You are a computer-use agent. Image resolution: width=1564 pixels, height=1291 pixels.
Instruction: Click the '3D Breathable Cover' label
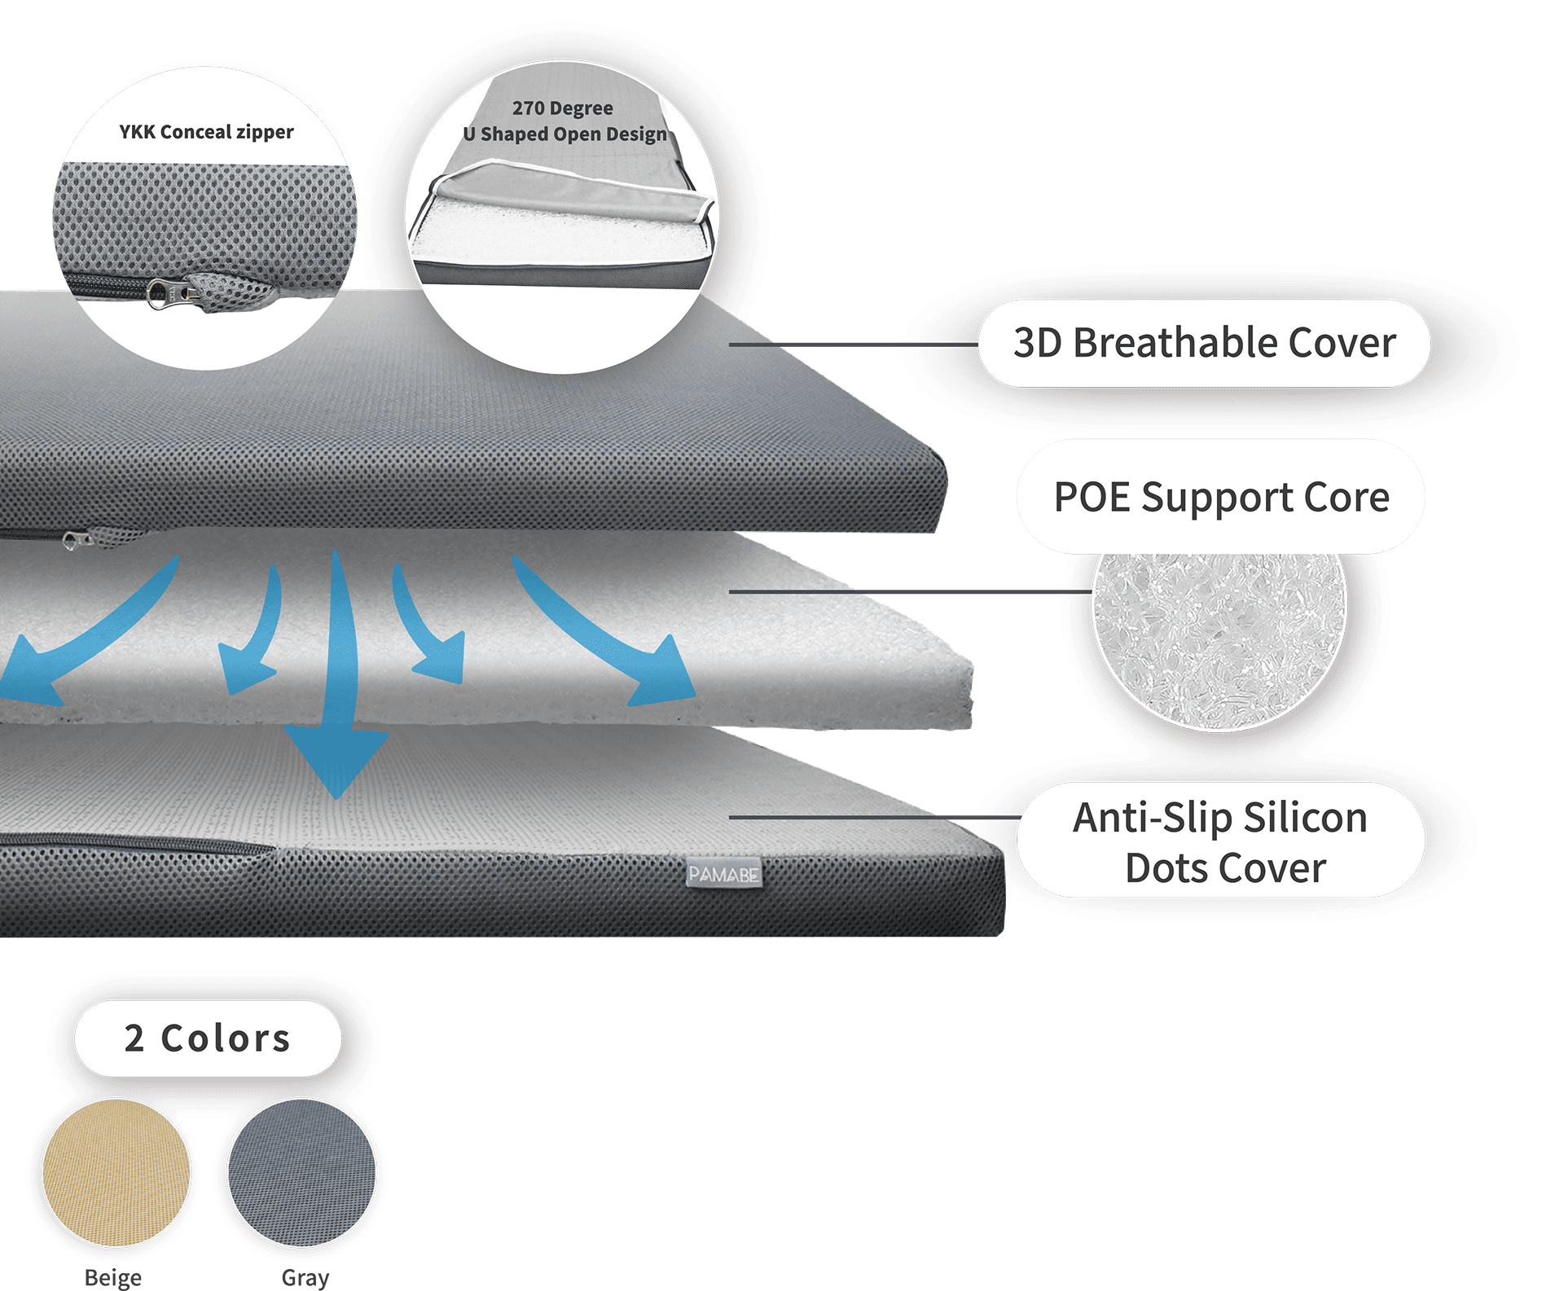coord(1204,343)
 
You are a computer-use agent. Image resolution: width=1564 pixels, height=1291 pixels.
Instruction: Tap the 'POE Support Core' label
coord(1221,497)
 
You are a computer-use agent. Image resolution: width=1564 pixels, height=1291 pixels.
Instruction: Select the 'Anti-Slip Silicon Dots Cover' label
coord(1221,841)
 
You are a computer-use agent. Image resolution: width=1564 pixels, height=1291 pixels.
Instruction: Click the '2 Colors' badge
coord(208,1039)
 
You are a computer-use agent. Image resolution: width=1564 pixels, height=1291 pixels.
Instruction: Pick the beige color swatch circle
coord(116,1173)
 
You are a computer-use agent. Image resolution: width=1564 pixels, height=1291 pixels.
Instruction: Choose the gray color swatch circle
coord(302,1173)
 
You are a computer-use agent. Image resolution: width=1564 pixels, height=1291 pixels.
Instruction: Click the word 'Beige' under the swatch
coord(113,1277)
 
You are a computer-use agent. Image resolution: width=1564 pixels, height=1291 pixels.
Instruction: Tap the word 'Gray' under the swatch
coord(305,1277)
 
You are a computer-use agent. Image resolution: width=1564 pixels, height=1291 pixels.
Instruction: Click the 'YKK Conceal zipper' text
coord(206,132)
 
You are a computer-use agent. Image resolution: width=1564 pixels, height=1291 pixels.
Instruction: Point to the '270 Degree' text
coord(563,108)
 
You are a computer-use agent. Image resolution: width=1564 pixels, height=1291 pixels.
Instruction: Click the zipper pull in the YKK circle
coord(171,292)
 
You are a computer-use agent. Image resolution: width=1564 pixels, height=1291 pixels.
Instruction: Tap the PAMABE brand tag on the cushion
coord(723,874)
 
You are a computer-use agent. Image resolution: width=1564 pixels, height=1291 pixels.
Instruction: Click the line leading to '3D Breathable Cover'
coord(854,345)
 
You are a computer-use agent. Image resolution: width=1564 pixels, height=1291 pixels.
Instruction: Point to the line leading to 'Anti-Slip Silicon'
coord(875,817)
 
